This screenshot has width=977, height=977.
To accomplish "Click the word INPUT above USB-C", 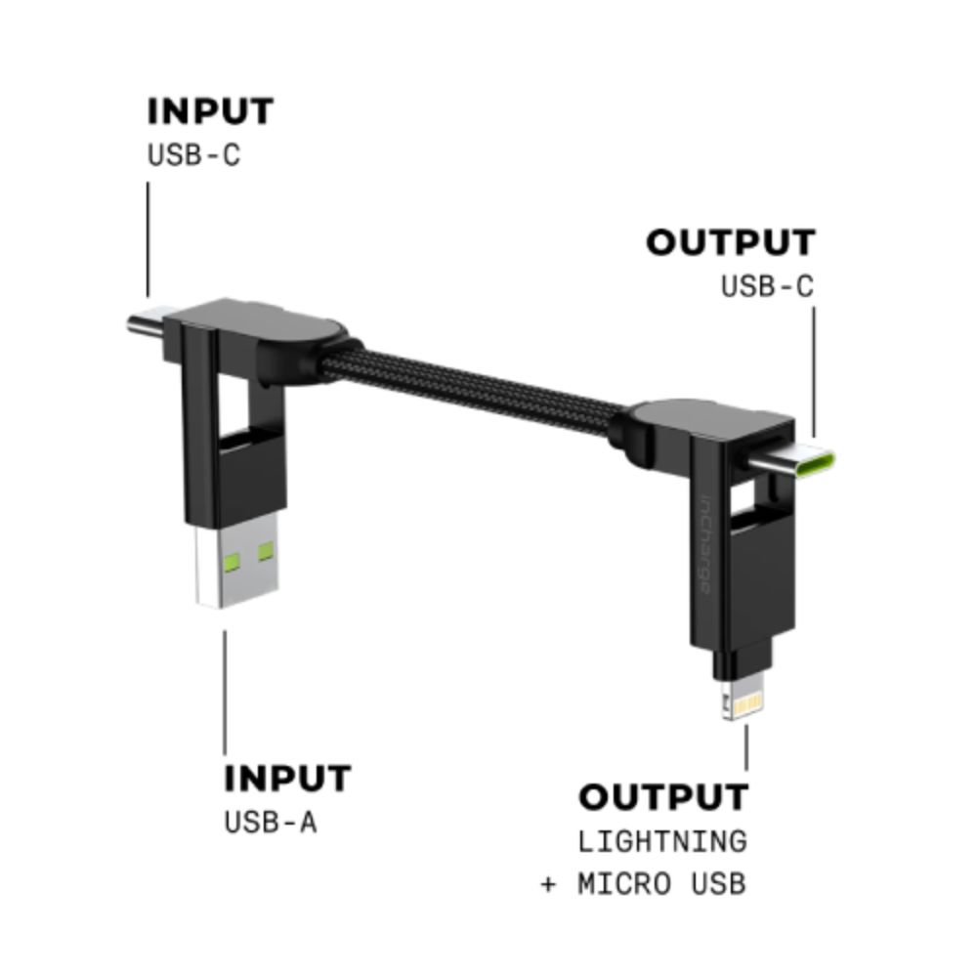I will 210,111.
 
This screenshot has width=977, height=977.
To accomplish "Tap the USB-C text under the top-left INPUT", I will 193,155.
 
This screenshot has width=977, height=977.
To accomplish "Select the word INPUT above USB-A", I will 287,780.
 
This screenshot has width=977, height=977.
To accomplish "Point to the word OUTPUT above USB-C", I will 730,243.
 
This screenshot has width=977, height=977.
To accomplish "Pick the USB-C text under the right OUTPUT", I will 767,287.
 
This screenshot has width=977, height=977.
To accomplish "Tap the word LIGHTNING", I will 662,841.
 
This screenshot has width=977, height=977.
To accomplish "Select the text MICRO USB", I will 661,885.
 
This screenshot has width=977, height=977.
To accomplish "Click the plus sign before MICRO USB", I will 548,885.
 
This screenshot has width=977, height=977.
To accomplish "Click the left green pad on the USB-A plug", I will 231,561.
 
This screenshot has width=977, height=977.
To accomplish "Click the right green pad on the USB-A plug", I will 266,553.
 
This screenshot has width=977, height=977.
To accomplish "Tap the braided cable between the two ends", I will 479,385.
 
